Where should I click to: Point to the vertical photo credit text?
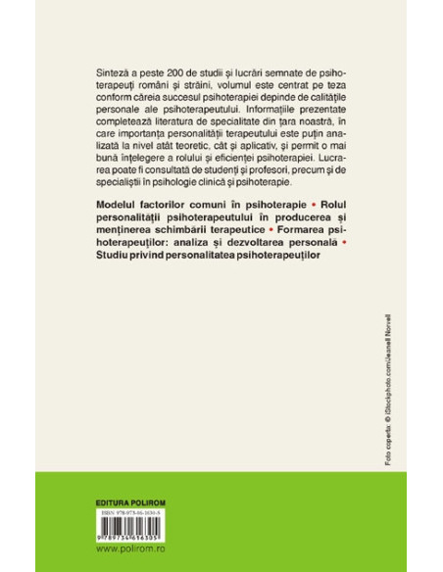tap(369, 441)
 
